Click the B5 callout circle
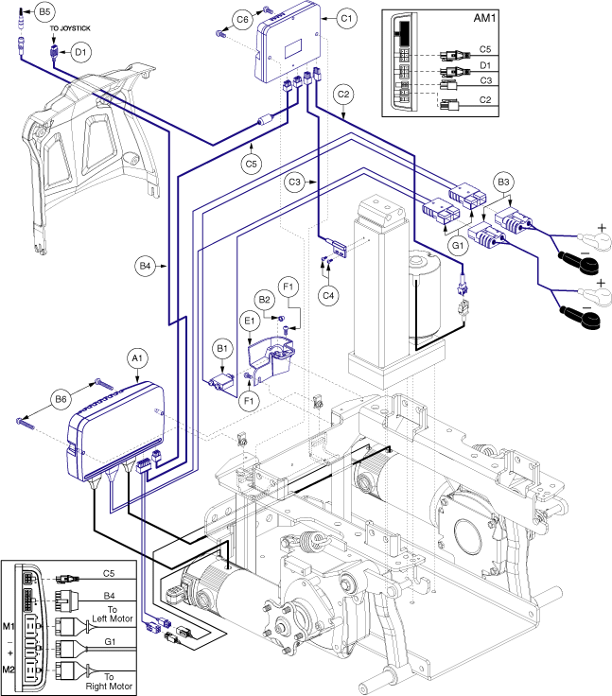[x=44, y=12]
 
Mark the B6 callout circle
[x=61, y=399]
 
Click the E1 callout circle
[x=251, y=322]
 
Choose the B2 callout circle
[x=266, y=300]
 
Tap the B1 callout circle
[x=223, y=348]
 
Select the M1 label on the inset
[x=9, y=626]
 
